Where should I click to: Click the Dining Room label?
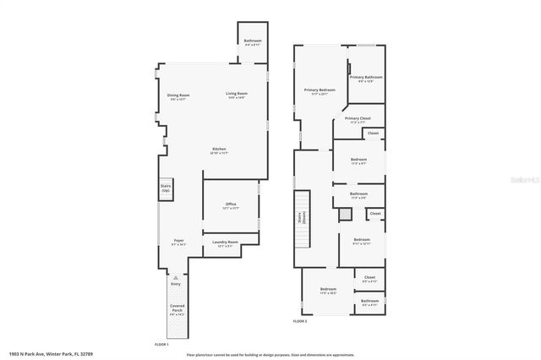click(178, 96)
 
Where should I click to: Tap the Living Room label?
click(236, 95)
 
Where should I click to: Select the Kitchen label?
click(218, 151)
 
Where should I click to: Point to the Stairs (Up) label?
click(166, 189)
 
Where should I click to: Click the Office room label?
click(230, 205)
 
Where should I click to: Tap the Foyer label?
click(178, 242)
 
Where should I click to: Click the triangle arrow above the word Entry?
click(176, 277)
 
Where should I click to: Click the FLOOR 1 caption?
click(161, 344)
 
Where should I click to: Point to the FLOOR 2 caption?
click(300, 321)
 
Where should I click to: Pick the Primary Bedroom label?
click(320, 91)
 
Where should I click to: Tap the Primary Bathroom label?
click(366, 79)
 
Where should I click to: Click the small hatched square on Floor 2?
click(344, 215)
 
